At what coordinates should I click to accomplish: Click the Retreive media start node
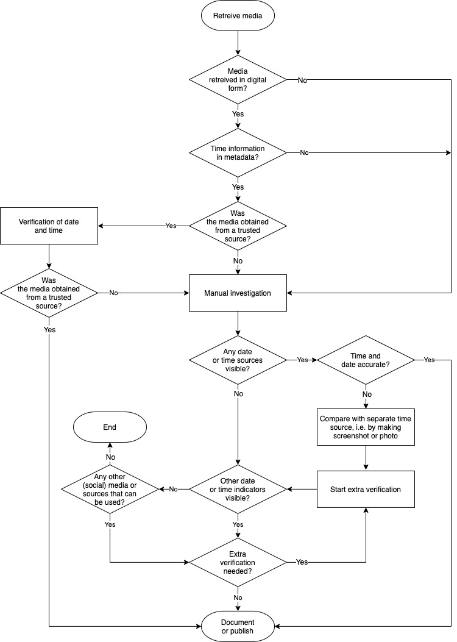(238, 16)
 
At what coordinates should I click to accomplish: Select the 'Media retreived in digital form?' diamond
(238, 80)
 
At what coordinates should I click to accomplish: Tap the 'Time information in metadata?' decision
(238, 152)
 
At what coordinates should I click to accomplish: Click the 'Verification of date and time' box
(49, 226)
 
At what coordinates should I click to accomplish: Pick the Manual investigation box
(238, 293)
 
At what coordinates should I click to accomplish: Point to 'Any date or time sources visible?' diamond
(238, 360)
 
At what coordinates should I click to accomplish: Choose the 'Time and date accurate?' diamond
(366, 360)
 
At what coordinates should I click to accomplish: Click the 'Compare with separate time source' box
(366, 427)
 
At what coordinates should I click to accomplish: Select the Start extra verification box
(366, 489)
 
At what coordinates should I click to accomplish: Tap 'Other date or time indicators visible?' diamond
(238, 489)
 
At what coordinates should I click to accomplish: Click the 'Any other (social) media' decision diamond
(110, 489)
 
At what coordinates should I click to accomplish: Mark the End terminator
(110, 428)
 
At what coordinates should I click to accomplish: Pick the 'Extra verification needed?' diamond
(238, 562)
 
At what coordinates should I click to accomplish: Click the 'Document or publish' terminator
(238, 626)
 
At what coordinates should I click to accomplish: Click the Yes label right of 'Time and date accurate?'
(429, 360)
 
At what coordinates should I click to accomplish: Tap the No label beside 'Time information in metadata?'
(304, 152)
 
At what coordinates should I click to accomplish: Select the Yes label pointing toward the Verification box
(171, 226)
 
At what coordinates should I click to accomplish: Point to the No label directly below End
(110, 456)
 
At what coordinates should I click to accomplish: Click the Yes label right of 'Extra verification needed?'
(302, 562)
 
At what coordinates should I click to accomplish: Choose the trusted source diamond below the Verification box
(49, 293)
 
